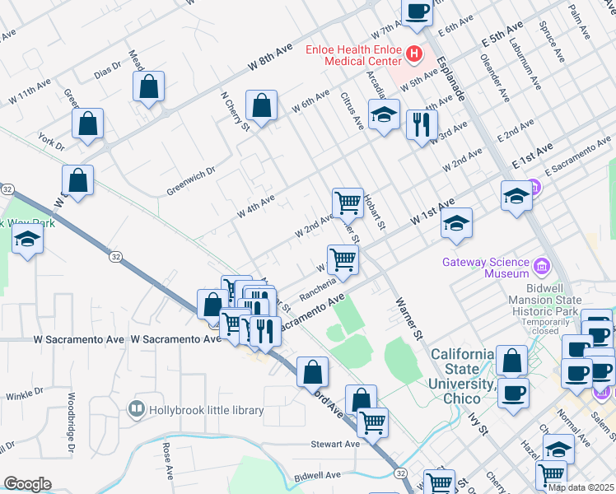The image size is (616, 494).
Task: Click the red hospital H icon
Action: pyautogui.click(x=413, y=55)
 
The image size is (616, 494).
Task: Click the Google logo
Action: pyautogui.click(x=26, y=484)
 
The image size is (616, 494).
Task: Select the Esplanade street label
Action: pyautogui.click(x=451, y=78)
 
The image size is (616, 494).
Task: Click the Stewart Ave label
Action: pyautogui.click(x=335, y=444)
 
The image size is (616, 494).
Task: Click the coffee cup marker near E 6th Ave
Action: pyautogui.click(x=417, y=12)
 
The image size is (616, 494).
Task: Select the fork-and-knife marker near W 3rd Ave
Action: pyautogui.click(x=421, y=124)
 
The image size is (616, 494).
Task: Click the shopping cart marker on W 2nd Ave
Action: pyautogui.click(x=348, y=201)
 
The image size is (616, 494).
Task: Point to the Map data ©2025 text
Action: pyautogui.click(x=581, y=487)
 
